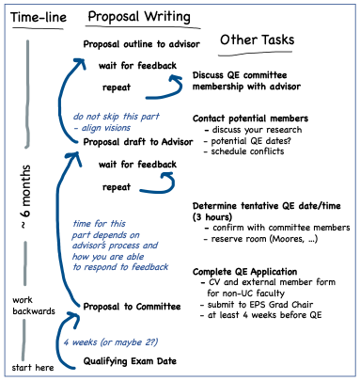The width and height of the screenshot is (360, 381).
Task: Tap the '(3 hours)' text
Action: click(216, 215)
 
